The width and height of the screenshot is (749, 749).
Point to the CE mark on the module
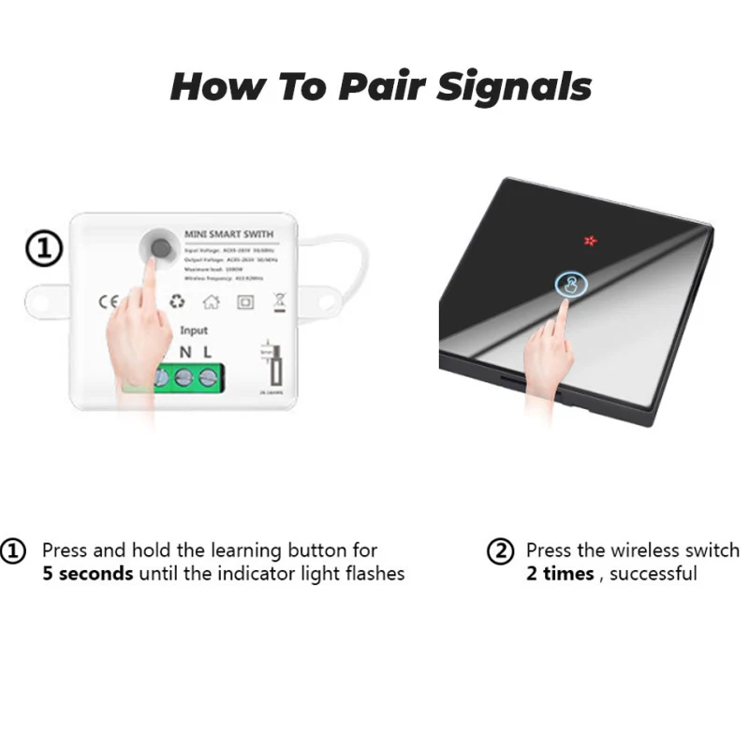(109, 301)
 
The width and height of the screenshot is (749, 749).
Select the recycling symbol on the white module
(178, 301)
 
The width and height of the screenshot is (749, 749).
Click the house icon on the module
(212, 301)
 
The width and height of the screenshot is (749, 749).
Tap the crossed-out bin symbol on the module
(278, 301)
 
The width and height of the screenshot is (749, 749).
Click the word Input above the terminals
(194, 330)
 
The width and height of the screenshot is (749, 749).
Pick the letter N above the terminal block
(185, 352)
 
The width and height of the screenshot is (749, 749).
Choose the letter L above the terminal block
(208, 352)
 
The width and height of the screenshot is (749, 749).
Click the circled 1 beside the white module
(43, 249)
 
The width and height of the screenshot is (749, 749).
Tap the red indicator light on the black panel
(591, 241)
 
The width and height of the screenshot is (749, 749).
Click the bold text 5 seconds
(87, 573)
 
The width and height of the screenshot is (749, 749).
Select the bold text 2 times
(560, 573)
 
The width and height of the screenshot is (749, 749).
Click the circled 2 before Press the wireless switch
(501, 551)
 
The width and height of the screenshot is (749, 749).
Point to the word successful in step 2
(654, 573)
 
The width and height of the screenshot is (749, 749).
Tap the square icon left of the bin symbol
(245, 301)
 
